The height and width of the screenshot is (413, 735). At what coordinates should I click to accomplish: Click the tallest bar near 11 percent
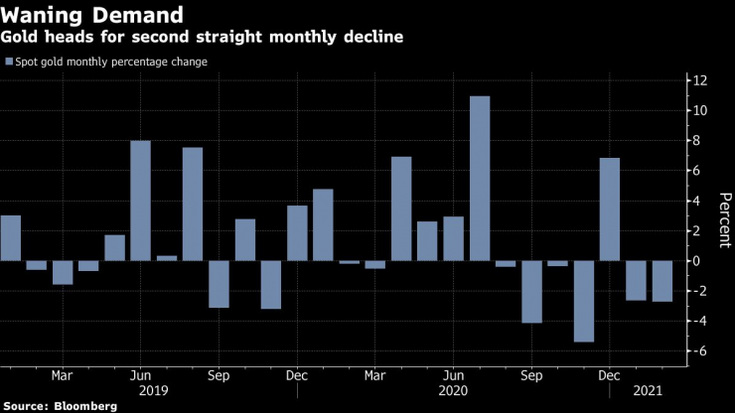480,179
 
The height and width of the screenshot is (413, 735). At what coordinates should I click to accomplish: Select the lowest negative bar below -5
584,301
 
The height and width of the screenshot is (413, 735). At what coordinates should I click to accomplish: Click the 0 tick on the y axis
699,261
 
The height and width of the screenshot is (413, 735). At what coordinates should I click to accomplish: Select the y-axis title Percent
722,213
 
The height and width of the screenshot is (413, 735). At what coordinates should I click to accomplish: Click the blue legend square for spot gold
10,63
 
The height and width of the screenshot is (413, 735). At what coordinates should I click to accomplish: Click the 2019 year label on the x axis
153,391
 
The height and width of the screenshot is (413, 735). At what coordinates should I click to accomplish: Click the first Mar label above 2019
62,376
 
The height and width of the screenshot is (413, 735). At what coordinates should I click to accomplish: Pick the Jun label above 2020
453,376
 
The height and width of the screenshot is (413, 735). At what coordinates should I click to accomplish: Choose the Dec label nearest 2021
610,376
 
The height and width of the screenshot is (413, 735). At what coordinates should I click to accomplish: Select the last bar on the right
662,281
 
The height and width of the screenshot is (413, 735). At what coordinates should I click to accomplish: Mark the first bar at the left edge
10,238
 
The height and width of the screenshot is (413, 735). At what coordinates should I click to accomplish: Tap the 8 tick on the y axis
699,141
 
